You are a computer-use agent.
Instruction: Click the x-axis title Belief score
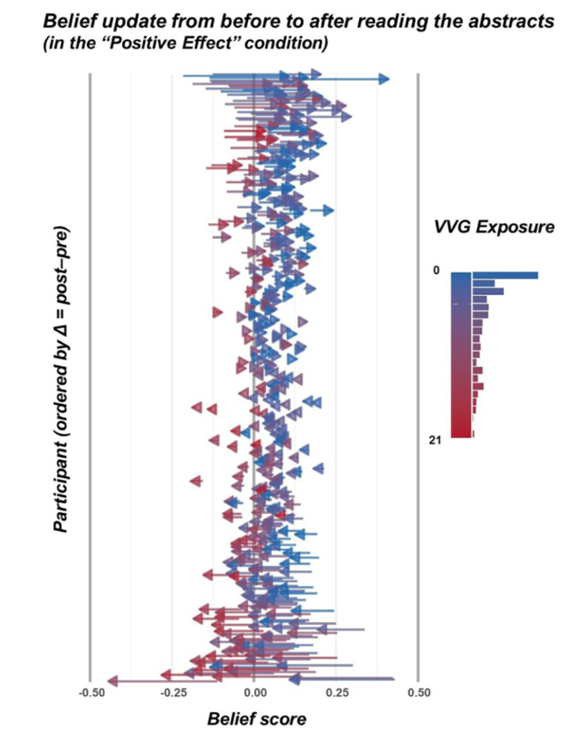tap(256, 719)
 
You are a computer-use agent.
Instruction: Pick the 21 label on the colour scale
tap(437, 442)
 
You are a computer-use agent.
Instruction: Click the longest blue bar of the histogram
tap(505, 275)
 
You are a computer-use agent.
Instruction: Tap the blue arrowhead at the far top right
tap(384, 78)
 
